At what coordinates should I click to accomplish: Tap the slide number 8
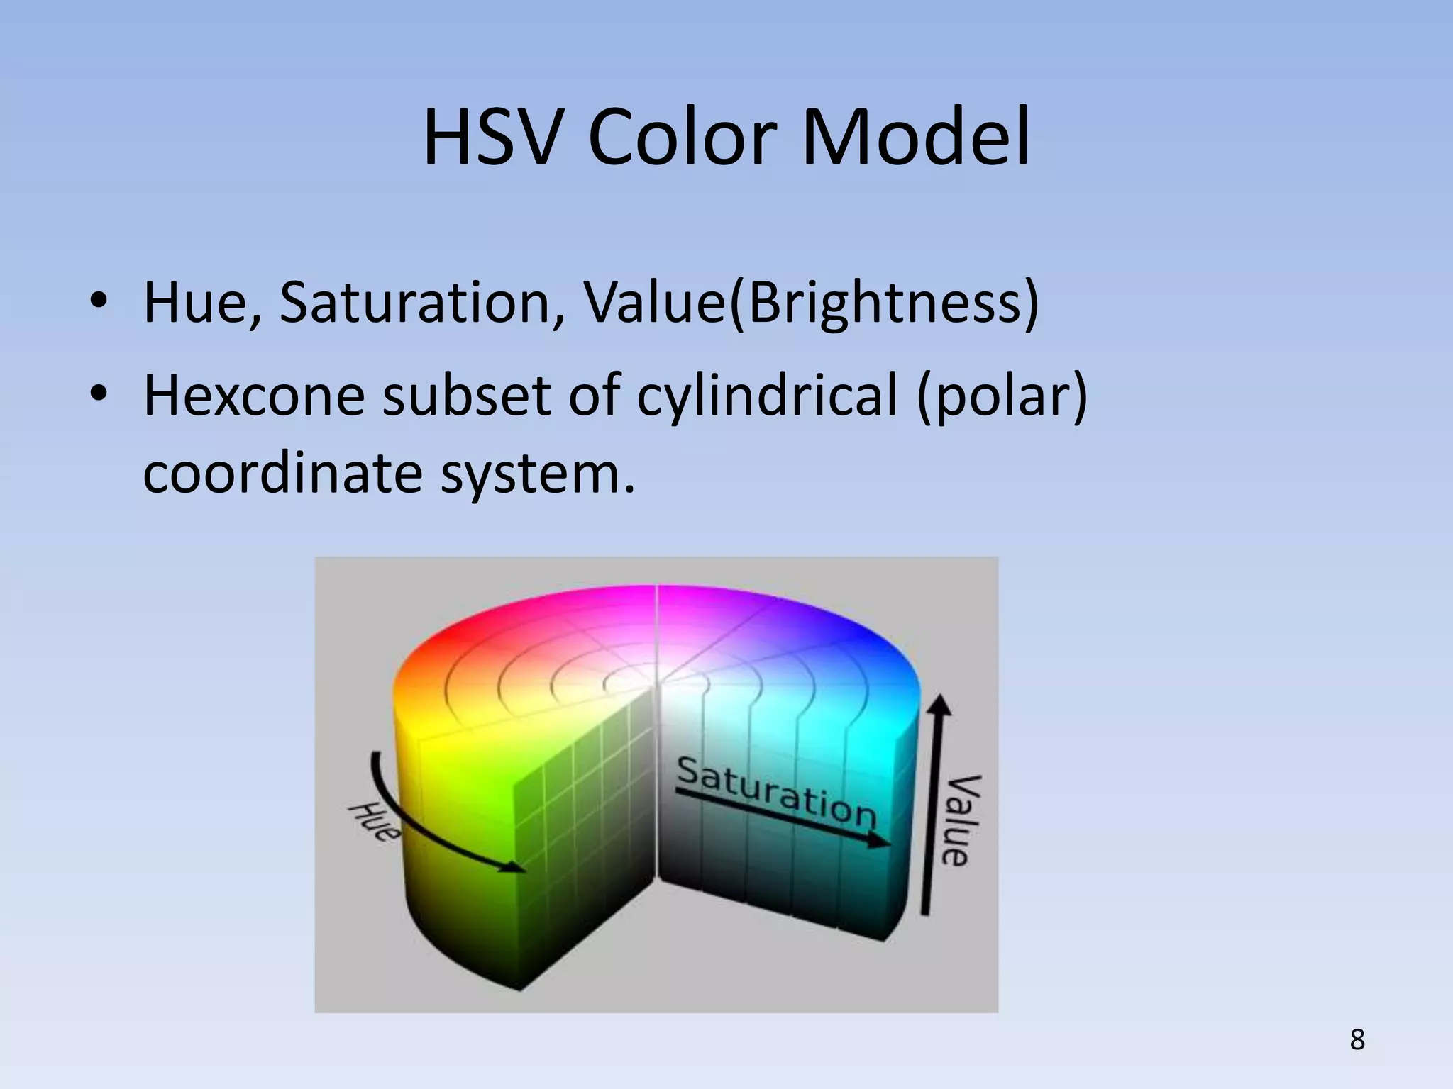[x=1357, y=1040]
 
